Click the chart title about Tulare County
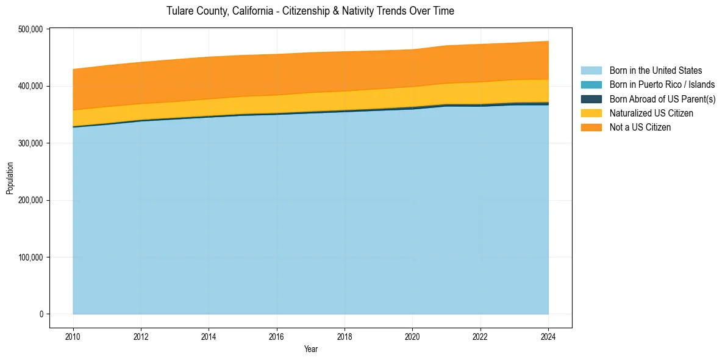point(310,11)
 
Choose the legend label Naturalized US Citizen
point(651,113)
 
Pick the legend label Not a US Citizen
point(640,128)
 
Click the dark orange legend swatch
point(591,128)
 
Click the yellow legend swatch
point(591,113)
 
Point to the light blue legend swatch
point(591,71)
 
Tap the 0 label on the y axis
point(42,314)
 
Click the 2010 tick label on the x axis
point(73,336)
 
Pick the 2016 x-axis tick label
point(277,336)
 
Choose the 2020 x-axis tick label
point(413,336)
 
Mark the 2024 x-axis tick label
point(548,336)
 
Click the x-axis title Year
point(310,350)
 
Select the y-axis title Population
point(10,178)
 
